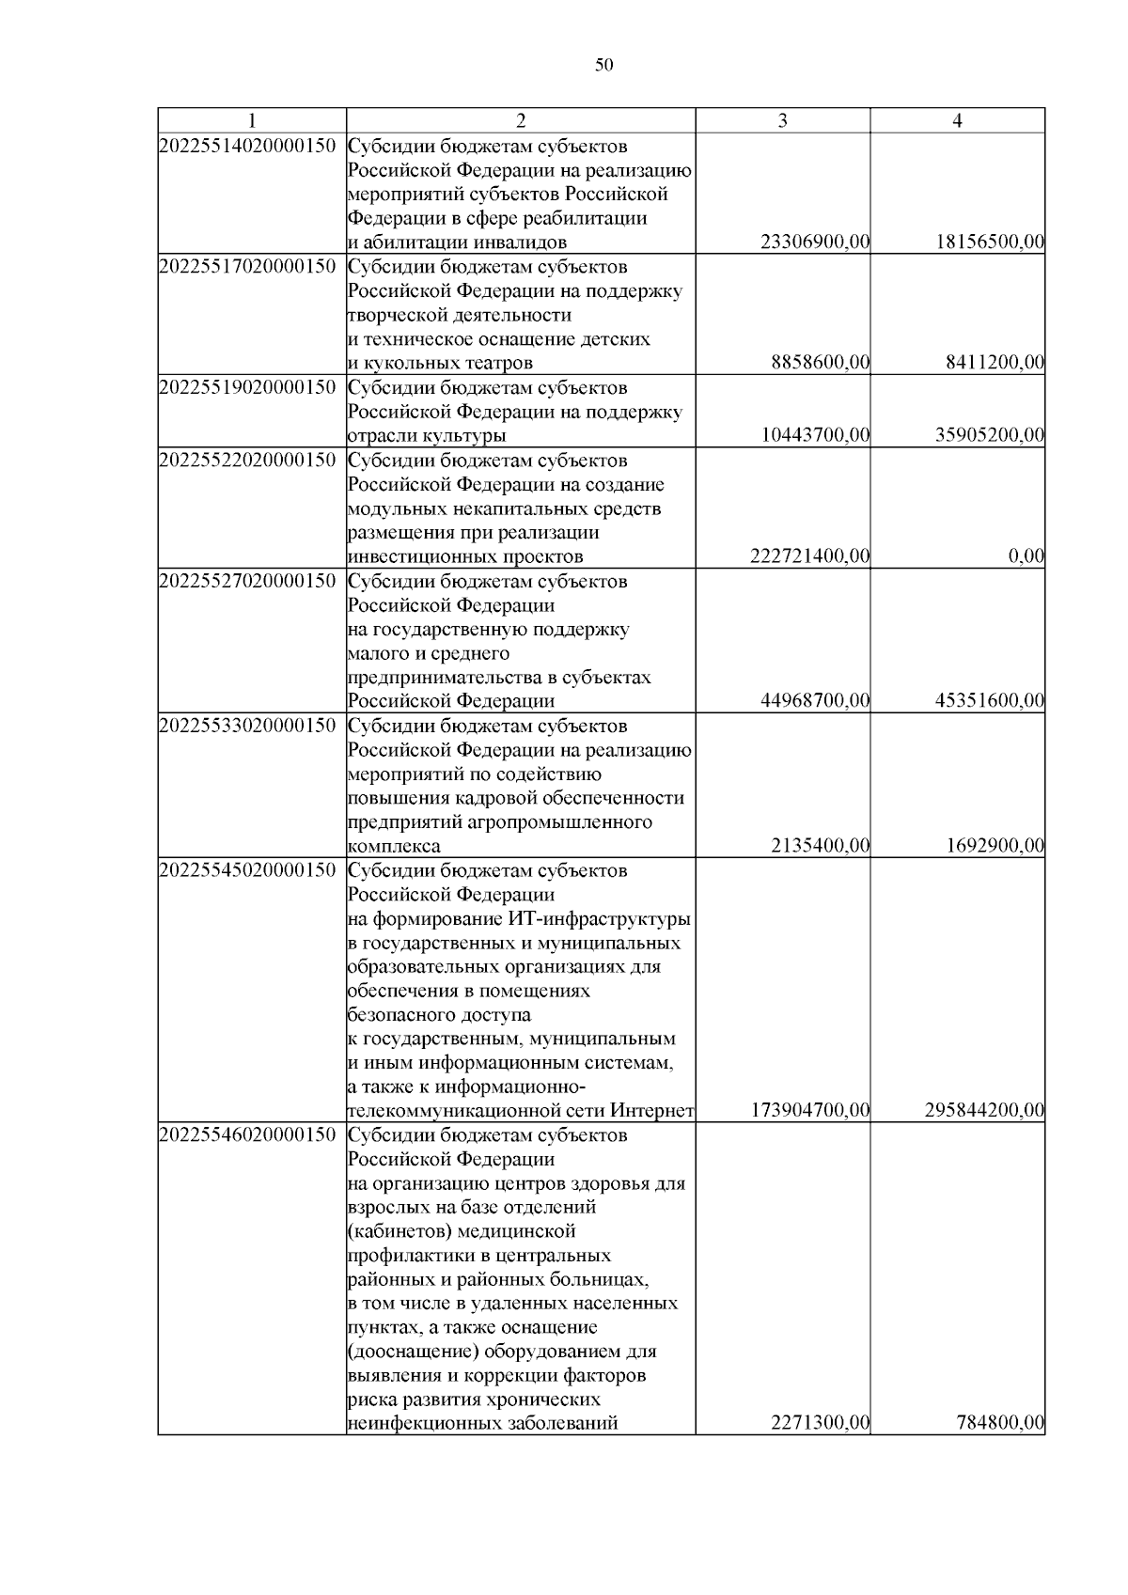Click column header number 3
coord(782,121)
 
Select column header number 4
coord(957,121)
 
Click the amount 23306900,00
coord(815,242)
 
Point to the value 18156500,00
coord(990,242)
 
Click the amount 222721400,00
coord(810,556)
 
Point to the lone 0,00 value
coord(1026,556)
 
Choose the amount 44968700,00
coord(815,701)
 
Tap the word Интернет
coord(652,1111)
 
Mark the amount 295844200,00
coord(984,1111)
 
